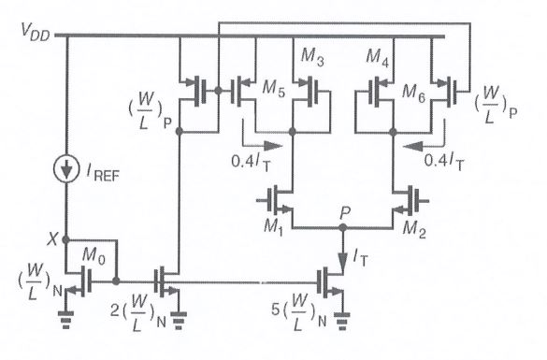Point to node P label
(345, 210)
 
